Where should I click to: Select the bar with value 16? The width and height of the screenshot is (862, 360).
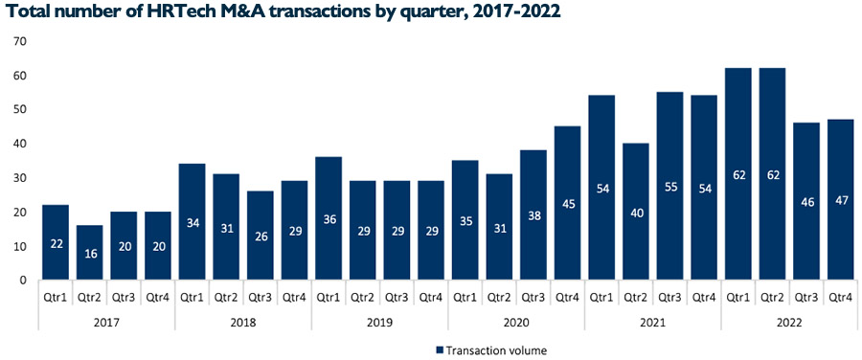point(90,253)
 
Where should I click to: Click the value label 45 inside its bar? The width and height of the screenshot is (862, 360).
point(568,231)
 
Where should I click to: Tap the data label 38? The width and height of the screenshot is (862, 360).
point(533,242)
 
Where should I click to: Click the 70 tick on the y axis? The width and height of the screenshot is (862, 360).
point(18,41)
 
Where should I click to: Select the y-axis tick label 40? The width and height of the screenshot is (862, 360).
point(18,144)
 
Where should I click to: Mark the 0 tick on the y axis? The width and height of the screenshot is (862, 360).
point(22,281)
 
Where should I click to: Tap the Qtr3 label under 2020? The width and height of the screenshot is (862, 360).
point(533,295)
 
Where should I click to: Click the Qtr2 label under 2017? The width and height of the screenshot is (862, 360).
point(90,295)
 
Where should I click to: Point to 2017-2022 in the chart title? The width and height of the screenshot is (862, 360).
point(515,12)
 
